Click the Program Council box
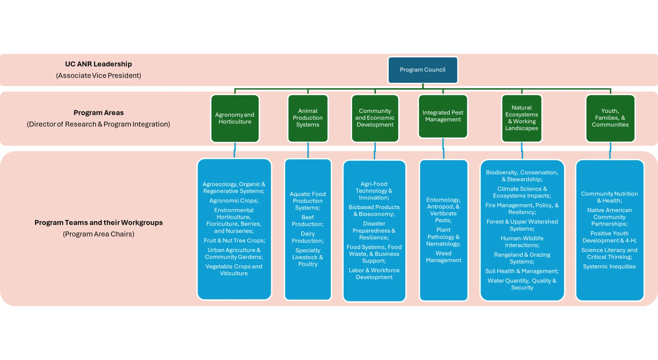[x=423, y=70]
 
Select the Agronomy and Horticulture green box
[x=235, y=118]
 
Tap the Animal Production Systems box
[x=308, y=118]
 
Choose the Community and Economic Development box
[x=375, y=118]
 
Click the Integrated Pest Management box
[x=443, y=116]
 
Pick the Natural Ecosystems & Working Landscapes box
[x=522, y=118]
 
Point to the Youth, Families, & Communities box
[x=610, y=118]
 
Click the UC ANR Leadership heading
[x=98, y=64]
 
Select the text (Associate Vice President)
[x=98, y=75]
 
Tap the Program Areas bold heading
[x=98, y=113]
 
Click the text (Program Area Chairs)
[x=98, y=234]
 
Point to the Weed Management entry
[x=443, y=257]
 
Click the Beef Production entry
[x=307, y=221]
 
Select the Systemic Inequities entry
[x=609, y=267]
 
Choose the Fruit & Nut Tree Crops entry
[x=234, y=241]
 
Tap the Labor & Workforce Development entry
[x=374, y=274]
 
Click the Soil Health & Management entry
[x=522, y=271]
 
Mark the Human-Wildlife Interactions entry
[x=522, y=242]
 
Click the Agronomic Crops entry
[x=234, y=201]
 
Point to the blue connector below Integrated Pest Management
[x=443, y=149]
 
